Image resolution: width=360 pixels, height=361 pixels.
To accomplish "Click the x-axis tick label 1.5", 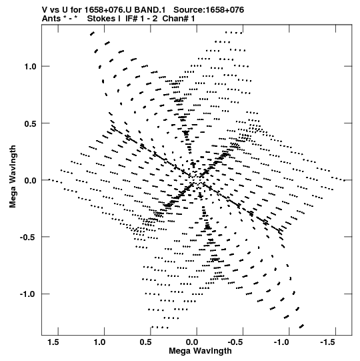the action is tap(53, 342).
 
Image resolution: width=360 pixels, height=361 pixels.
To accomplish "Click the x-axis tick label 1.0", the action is tap(99, 342).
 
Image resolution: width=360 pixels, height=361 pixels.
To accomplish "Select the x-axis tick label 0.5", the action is tap(146, 342).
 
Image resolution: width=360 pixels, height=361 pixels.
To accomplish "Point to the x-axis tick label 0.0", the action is tap(192, 342).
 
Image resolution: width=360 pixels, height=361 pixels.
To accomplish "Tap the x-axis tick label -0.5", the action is tap(235, 342).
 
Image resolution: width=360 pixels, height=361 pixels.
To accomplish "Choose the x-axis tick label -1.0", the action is tap(282, 342).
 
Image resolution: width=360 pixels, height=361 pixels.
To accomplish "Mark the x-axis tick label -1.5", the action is tap(328, 342).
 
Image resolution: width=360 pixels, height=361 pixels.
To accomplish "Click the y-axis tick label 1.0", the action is tap(31, 67).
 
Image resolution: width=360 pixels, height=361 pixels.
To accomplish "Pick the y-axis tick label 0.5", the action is tap(31, 123).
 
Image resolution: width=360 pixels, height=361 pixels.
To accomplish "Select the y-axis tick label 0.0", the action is tap(31, 180).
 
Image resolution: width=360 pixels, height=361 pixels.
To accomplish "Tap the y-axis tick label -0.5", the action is tap(29, 238).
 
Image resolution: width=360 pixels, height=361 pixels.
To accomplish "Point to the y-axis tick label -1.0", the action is tap(29, 294).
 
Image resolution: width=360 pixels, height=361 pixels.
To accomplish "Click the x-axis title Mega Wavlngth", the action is tap(200, 351).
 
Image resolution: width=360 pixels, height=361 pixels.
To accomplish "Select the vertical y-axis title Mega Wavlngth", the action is tap(13, 177).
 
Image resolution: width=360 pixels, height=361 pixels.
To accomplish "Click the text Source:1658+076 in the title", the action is tap(209, 10).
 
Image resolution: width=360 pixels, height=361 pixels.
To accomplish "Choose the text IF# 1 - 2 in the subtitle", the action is tap(141, 19).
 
